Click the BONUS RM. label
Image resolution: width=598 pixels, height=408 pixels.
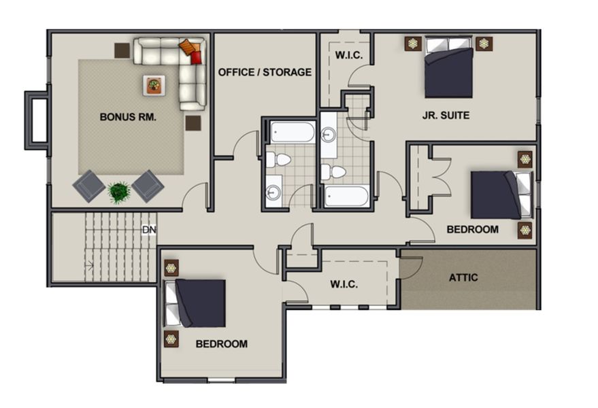(128, 116)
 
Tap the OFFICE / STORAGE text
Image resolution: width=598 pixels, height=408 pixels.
(265, 72)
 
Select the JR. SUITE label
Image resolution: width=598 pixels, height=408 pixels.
(446, 116)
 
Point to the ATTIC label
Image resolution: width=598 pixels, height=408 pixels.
(463, 277)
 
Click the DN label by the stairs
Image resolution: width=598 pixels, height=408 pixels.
(148, 230)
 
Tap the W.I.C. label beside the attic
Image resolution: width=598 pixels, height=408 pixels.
(344, 284)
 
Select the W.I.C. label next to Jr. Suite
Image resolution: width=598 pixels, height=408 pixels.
(348, 54)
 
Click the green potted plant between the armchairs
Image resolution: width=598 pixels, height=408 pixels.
(120, 192)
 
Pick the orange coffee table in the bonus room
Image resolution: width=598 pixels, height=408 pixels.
(154, 85)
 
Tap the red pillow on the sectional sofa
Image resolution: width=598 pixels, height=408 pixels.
(196, 57)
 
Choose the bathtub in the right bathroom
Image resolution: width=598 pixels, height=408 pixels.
(346, 197)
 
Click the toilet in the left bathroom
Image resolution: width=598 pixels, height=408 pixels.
(278, 160)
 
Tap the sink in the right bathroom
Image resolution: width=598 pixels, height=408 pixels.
(328, 135)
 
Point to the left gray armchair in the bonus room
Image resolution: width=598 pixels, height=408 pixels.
(89, 185)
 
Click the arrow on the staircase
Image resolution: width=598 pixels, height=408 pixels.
(89, 266)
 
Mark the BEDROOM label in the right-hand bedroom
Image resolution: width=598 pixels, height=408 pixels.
(472, 230)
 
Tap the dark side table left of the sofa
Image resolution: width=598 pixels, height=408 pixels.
(122, 50)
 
